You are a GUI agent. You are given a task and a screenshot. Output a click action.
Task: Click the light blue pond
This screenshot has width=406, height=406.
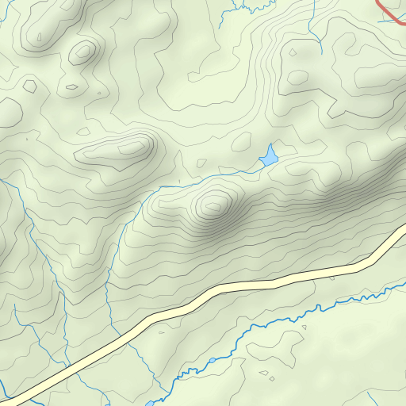[x=269, y=156]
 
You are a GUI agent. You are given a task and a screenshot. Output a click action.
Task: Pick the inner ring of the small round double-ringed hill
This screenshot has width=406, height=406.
[x=82, y=54]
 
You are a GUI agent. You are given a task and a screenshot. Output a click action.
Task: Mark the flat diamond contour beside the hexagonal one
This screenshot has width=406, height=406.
[x=71, y=86]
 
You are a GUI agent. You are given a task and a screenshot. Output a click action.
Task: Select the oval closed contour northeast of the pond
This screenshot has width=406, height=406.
[x=297, y=78]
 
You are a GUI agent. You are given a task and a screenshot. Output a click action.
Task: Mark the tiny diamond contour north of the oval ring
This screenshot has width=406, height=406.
[x=293, y=52]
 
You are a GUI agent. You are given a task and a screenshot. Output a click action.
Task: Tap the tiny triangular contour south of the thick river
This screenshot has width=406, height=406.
[x=303, y=327]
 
